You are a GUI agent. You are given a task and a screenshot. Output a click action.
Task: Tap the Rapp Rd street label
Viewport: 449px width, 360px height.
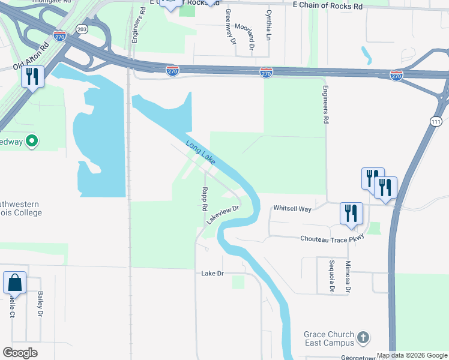pyautogui.click(x=205, y=199)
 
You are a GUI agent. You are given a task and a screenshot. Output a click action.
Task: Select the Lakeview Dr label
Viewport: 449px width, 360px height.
pyautogui.click(x=223, y=215)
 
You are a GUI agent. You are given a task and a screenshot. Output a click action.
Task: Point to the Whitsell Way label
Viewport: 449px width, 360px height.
pyautogui.click(x=292, y=208)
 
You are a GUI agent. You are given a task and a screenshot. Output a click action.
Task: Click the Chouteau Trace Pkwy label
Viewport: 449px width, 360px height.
pyautogui.click(x=332, y=238)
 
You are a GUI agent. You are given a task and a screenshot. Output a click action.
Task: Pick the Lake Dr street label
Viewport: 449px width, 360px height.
pyautogui.click(x=212, y=273)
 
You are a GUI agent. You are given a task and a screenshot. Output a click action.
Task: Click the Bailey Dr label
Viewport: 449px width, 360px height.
pyautogui.click(x=40, y=304)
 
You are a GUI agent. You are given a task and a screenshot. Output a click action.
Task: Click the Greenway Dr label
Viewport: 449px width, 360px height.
pyautogui.click(x=229, y=26)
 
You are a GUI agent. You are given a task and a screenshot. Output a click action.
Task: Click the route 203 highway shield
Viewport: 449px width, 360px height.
pyautogui.click(x=81, y=28)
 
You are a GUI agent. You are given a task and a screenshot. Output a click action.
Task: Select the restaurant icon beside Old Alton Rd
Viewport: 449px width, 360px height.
pyautogui.click(x=32, y=76)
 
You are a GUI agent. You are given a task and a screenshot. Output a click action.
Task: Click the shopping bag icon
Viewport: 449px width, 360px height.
pyautogui.click(x=14, y=282)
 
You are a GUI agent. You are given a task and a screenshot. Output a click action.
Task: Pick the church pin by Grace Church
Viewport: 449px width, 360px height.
pyautogui.click(x=363, y=338)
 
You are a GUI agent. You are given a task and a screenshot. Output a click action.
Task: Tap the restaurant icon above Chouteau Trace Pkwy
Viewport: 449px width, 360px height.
pyautogui.click(x=351, y=213)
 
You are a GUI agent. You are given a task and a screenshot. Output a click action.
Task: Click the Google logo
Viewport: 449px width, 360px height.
pyautogui.click(x=20, y=353)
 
